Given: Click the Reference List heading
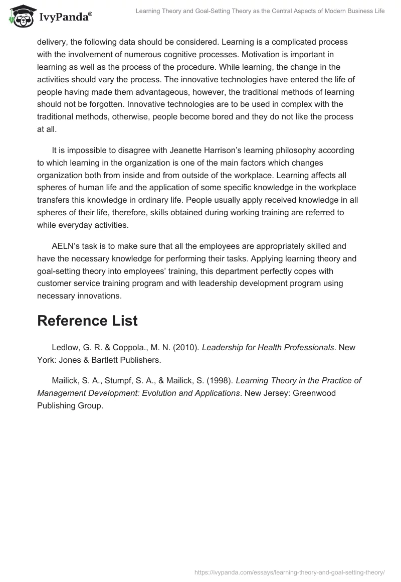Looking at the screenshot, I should coord(87,321).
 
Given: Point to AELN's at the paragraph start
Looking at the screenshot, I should coord(66,246).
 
